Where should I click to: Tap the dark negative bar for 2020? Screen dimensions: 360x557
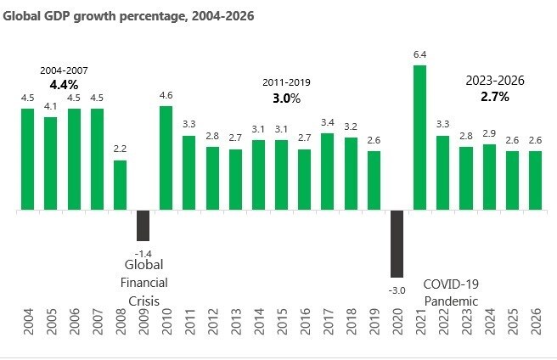(397, 244)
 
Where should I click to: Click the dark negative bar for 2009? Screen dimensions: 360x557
(143, 225)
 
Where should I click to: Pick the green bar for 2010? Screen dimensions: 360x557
(166, 158)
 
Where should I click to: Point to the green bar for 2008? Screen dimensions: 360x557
(120, 185)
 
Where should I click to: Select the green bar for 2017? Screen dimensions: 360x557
(327, 172)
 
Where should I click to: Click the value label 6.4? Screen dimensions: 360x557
(419, 55)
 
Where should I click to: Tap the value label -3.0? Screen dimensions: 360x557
(397, 290)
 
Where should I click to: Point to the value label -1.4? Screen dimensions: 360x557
(143, 253)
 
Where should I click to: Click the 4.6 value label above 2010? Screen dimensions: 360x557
(166, 96)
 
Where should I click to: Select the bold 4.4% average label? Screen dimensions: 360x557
(64, 85)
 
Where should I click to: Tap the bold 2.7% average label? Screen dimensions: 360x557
(495, 97)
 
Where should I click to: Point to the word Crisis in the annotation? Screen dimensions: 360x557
(143, 301)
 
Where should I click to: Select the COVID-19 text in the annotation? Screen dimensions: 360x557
(451, 285)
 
